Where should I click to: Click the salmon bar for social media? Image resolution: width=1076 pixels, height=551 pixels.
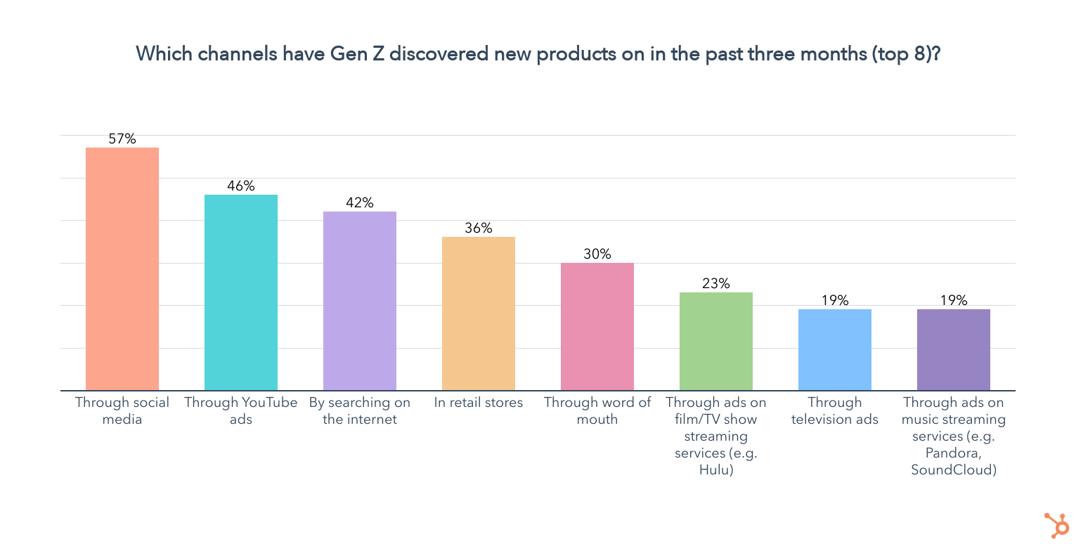tap(122, 268)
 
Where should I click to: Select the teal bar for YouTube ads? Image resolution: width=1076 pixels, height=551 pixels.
tap(241, 292)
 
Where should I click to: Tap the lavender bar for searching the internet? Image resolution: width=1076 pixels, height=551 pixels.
tap(360, 301)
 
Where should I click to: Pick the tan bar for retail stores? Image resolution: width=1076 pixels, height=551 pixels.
tap(479, 313)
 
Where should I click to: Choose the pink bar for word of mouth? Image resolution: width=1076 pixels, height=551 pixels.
tap(597, 327)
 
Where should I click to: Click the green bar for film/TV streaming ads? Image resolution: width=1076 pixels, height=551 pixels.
tap(716, 342)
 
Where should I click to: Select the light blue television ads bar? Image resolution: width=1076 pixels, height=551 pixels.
tap(835, 350)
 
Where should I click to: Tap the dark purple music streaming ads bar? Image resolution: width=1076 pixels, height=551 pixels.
tap(954, 350)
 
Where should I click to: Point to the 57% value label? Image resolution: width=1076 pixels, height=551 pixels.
tap(122, 139)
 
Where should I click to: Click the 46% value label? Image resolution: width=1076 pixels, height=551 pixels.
tap(241, 186)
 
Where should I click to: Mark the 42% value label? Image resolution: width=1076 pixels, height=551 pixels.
tap(360, 203)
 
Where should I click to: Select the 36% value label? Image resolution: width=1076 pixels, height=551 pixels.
tap(479, 228)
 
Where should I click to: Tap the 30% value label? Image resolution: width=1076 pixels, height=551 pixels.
tap(597, 254)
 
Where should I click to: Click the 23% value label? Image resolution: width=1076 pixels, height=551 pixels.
tap(716, 284)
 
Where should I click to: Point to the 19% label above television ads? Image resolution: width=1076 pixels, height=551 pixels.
tap(835, 301)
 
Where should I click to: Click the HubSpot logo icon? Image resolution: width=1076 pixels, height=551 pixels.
tap(1056, 525)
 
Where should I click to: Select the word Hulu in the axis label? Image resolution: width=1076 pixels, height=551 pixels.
tap(716, 470)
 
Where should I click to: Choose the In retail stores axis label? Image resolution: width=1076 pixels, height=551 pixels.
tap(479, 403)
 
